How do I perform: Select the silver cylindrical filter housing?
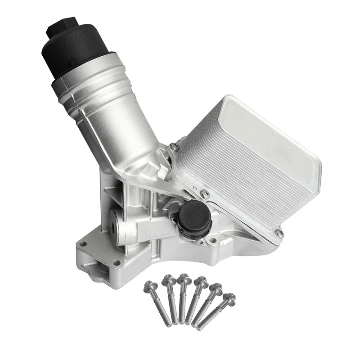tap(108, 112)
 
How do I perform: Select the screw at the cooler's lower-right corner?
tap(279, 233)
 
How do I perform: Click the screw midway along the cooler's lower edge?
tap(205, 194)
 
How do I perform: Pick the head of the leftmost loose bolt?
tap(150, 285)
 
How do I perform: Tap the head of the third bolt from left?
tap(184, 279)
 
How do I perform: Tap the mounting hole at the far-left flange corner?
tap(82, 244)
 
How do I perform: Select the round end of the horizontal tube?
tap(116, 227)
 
